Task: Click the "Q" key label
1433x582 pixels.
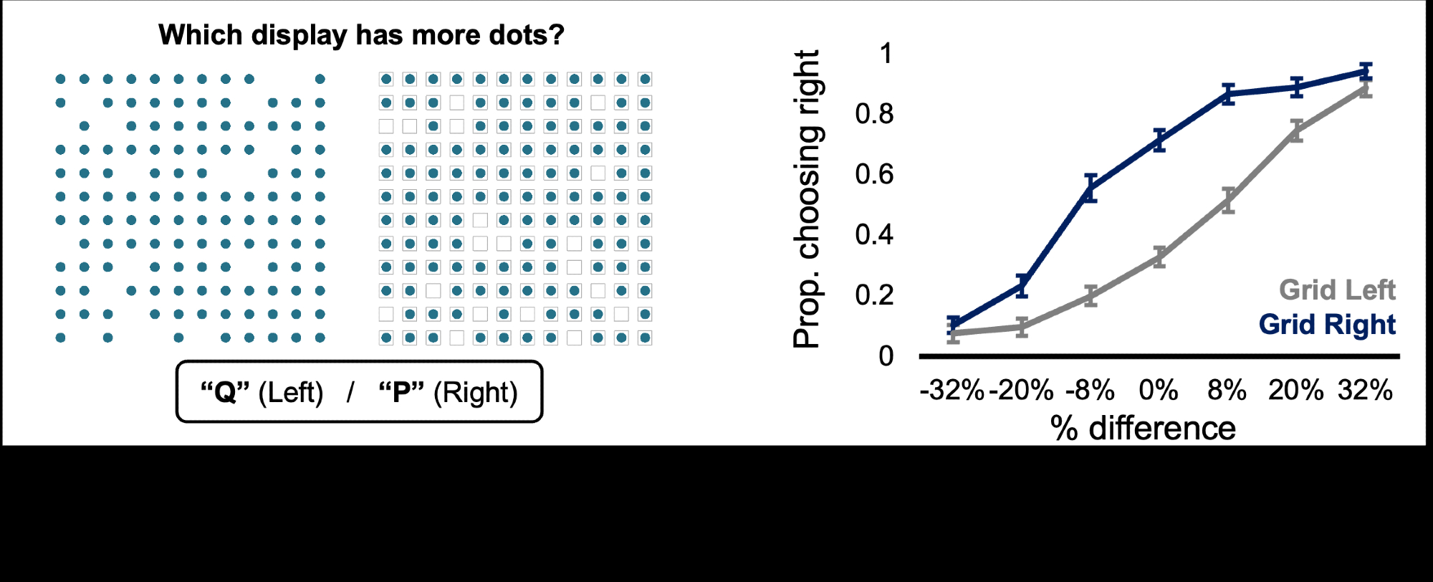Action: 225,392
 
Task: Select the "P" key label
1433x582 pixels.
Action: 401,392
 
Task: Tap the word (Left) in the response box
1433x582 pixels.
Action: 291,393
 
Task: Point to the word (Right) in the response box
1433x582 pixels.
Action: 476,393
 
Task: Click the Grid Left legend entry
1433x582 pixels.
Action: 1337,290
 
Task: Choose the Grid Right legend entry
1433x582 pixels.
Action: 1327,325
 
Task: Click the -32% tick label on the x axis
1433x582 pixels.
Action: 952,391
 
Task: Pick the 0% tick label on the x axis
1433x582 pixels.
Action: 1159,391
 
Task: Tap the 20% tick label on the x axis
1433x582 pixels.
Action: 1295,391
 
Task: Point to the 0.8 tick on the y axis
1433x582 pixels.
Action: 874,114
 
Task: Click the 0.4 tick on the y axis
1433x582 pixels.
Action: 874,234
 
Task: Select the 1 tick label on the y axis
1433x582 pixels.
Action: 886,54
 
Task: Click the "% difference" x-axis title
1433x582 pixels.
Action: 1143,428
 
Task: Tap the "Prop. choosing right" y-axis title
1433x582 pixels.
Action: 807,199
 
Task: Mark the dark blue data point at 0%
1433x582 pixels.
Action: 1159,140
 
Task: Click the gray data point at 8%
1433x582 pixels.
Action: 1228,201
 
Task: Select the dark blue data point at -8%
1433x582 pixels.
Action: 1091,189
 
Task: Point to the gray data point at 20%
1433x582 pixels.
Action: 1296,130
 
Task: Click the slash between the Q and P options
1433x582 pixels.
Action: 350,393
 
